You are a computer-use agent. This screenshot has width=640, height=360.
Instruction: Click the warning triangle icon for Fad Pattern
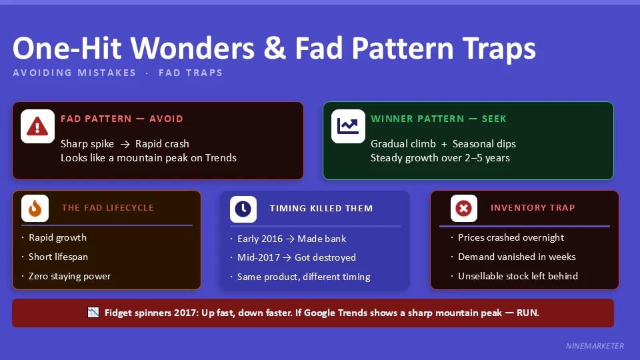coord(37,126)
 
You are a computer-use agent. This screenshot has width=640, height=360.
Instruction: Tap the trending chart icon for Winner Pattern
coord(348,126)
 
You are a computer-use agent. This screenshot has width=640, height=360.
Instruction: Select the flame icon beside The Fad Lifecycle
coord(35,209)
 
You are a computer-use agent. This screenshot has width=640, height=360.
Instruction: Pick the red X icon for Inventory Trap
coord(463,209)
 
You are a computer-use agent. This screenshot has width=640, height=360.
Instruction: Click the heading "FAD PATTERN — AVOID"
coord(121,119)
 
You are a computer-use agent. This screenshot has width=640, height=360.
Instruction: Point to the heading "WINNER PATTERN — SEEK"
coord(439,119)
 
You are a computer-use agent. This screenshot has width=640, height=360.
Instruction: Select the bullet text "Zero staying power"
coord(69,276)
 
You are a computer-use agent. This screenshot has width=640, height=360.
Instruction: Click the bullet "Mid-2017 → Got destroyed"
coord(297,257)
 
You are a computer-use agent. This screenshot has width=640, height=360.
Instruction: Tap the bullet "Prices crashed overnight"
coord(511,237)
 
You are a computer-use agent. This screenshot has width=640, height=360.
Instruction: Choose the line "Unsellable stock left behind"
coord(518,276)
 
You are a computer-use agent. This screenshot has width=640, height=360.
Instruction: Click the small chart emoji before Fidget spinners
coord(93,313)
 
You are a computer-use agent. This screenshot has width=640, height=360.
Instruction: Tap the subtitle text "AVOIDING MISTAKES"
coord(74,73)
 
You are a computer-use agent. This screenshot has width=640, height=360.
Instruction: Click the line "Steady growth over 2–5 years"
coord(440,158)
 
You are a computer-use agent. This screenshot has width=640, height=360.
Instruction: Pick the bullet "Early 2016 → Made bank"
coord(292,239)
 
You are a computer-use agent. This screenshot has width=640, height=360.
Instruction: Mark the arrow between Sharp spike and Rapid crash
coord(125,144)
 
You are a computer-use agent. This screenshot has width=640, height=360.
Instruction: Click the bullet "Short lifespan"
coord(58,257)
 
